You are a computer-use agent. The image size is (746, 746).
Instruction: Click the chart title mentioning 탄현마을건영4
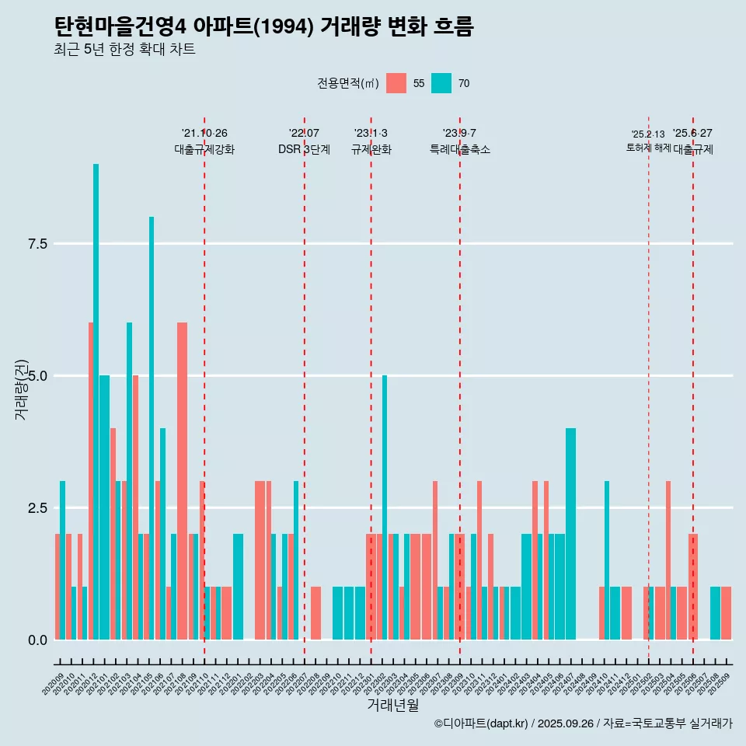(x=263, y=27)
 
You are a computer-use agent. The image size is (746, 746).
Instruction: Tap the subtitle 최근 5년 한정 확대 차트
(x=124, y=50)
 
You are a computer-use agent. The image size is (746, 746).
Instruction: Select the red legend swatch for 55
(x=396, y=83)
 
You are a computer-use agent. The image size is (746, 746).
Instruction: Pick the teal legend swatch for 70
(x=441, y=83)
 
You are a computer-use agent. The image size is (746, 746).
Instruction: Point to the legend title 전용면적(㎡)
(x=347, y=83)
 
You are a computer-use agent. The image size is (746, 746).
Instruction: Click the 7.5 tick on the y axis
(x=38, y=244)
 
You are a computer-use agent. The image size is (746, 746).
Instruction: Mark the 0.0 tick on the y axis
(x=38, y=640)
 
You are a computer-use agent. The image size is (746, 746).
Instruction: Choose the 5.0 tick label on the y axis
(x=38, y=376)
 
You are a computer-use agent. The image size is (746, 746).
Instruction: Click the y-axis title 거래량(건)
(x=22, y=389)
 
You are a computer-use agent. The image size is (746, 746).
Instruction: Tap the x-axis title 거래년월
(x=392, y=705)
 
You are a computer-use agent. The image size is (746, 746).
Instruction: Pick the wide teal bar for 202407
(x=571, y=534)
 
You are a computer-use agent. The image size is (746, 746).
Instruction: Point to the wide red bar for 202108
(x=182, y=481)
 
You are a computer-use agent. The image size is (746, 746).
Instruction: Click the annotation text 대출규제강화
(x=204, y=149)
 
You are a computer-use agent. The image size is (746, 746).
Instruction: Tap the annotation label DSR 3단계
(x=304, y=149)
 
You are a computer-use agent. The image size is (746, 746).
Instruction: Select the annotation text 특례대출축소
(x=460, y=149)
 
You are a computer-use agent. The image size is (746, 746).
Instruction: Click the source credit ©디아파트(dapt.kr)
(x=481, y=723)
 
